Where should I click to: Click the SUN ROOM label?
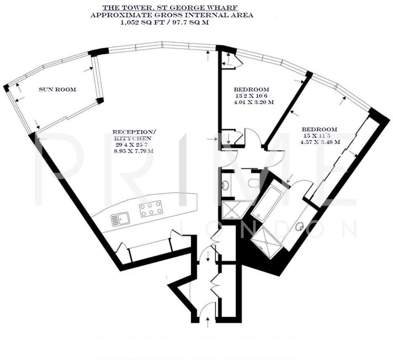tap(57, 90)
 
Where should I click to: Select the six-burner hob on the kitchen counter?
tap(150, 209)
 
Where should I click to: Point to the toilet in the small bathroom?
tap(253, 183)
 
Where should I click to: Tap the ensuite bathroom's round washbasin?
tap(299, 226)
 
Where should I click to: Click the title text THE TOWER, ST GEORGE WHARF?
tap(170, 7)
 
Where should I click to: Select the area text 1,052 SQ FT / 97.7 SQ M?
tap(165, 23)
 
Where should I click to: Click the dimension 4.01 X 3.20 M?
tap(253, 102)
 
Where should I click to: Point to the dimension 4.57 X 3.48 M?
tap(320, 142)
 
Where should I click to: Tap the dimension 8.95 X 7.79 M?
tap(134, 151)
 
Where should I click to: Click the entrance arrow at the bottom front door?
tap(207, 321)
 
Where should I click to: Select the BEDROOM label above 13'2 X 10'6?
tap(252, 90)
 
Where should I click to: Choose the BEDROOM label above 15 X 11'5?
tap(319, 129)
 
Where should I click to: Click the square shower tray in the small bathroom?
tap(233, 209)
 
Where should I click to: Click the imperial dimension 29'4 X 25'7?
tap(130, 144)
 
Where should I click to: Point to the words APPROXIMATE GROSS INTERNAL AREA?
tap(172, 15)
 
